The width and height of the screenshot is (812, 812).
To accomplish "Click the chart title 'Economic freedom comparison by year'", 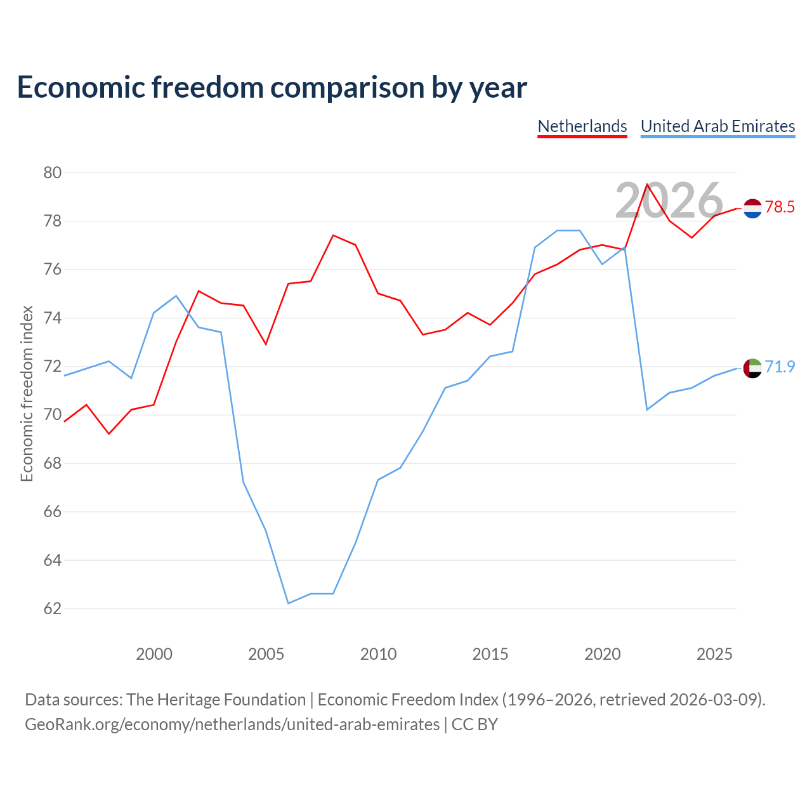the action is tap(272, 88).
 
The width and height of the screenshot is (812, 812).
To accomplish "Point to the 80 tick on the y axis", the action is tap(52, 173).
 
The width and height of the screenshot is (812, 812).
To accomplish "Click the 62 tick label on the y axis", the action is tap(52, 608).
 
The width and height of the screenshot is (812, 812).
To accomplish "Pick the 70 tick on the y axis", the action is tap(52, 415).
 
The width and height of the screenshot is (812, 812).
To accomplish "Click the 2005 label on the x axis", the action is tap(266, 654).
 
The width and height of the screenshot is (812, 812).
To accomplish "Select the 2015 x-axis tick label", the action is tap(490, 654).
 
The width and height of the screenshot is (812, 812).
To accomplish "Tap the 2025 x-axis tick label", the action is tap(714, 654).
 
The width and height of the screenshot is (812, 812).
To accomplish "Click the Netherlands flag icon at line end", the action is tap(752, 208).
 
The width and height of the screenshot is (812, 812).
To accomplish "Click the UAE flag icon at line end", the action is tap(752, 369).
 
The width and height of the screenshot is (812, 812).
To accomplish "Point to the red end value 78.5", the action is tap(780, 207).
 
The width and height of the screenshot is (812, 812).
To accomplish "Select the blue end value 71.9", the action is tap(780, 367).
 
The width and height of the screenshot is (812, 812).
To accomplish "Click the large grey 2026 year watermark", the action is tap(669, 200).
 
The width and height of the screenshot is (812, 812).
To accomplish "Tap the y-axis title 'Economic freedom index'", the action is tap(27, 393).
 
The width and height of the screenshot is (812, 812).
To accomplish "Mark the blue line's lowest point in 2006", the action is tap(288, 603).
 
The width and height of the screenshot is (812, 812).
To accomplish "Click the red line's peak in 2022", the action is tap(647, 184).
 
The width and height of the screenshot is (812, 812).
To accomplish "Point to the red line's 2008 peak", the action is tap(333, 235).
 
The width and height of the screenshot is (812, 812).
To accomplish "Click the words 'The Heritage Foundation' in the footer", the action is tap(216, 700).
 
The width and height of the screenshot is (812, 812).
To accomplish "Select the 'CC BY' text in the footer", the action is tap(475, 724).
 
